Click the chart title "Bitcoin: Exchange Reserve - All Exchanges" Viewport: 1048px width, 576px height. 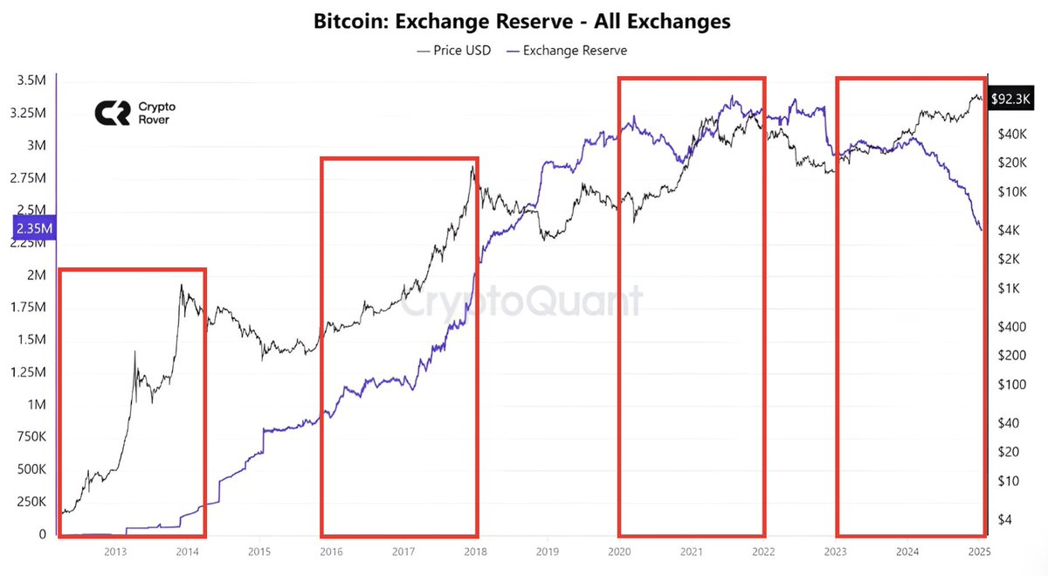[522, 21]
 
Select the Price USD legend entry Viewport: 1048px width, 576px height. [454, 50]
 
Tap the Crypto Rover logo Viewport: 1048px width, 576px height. [132, 113]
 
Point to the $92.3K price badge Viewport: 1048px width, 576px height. [1014, 100]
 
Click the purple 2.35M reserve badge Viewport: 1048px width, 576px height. [34, 229]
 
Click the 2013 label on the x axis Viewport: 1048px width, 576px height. [116, 552]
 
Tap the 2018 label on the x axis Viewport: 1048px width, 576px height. [475, 552]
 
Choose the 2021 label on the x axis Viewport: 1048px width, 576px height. [691, 552]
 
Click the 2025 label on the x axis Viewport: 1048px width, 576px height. [979, 552]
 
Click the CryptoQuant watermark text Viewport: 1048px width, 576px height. [523, 302]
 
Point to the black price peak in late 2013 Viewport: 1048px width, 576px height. [181, 285]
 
